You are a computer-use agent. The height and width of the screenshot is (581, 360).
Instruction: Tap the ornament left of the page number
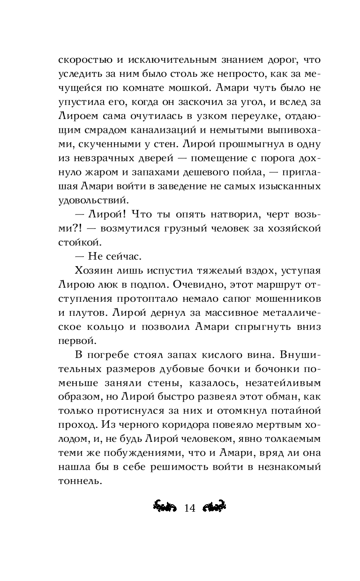pyautogui.click(x=165, y=508)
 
